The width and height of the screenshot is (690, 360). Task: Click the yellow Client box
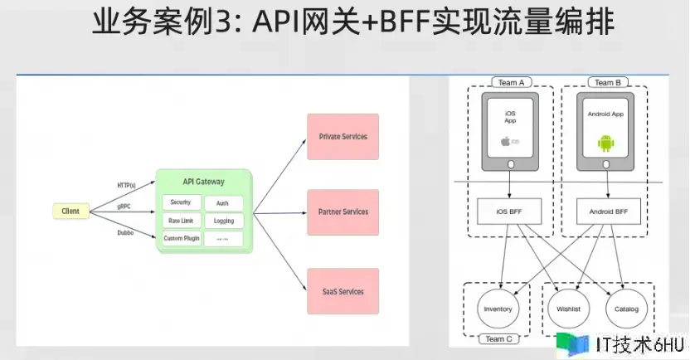(70, 212)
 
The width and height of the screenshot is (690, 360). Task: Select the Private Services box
(343, 137)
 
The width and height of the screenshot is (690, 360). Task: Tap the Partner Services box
(343, 212)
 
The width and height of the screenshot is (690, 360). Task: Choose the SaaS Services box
(343, 291)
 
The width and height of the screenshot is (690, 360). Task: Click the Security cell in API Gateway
(181, 202)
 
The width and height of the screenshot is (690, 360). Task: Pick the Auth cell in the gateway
(222, 203)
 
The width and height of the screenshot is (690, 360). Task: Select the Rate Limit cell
(181, 221)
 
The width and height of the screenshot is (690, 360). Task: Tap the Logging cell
(222, 221)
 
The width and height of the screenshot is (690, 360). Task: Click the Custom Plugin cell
(181, 239)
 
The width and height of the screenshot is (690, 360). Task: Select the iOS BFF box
(510, 212)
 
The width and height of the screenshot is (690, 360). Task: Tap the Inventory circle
(498, 309)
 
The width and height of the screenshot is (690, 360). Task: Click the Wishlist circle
(567, 309)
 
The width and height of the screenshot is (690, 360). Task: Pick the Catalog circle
(627, 309)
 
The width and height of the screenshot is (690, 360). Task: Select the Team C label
(498, 339)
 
